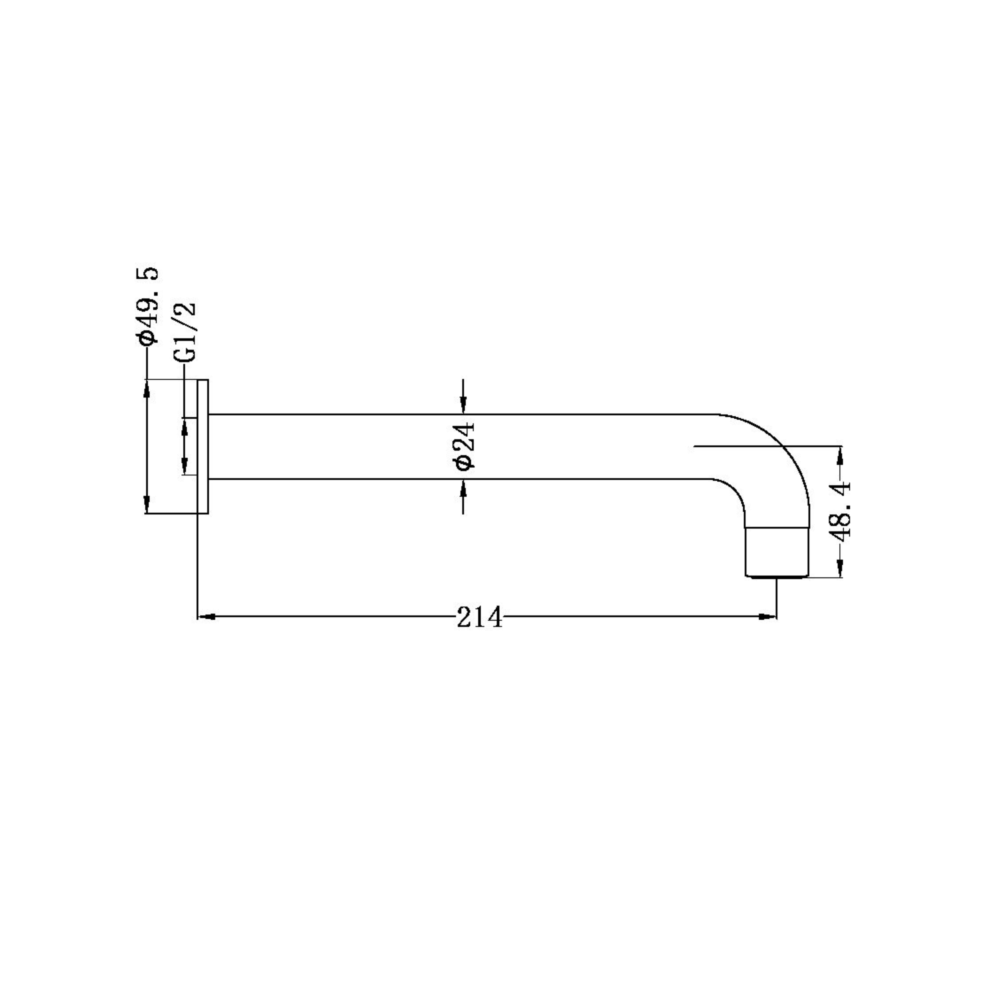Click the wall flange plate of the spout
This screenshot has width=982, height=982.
[203, 446]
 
